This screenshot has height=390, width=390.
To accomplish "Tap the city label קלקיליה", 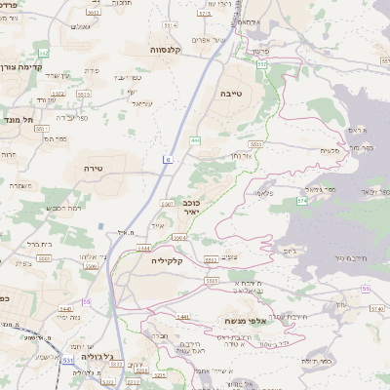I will (168, 260).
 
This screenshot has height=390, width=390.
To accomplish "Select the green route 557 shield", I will (263, 63).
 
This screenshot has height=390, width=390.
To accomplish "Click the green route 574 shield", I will (301, 200).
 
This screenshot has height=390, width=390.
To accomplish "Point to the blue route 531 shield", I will (69, 360).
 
